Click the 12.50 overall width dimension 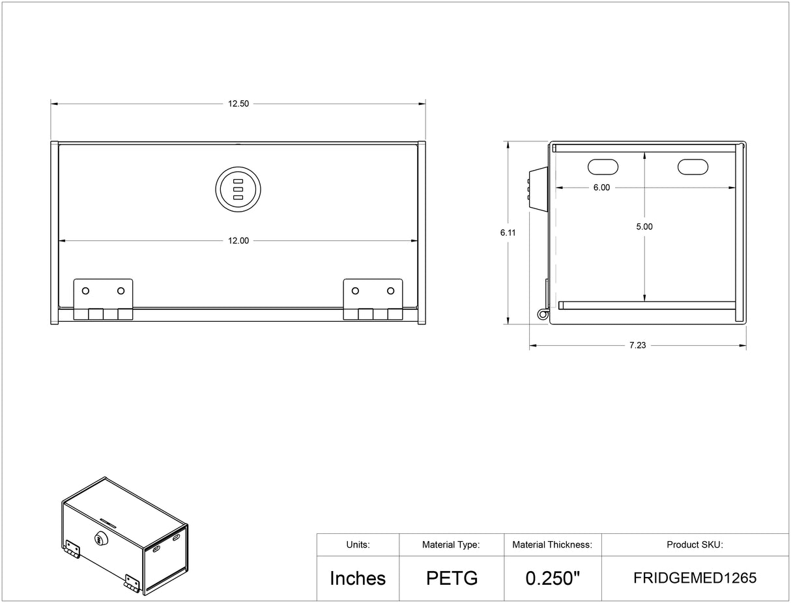coord(238,104)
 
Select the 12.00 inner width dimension coord(238,240)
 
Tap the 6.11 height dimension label coord(508,232)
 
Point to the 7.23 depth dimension coord(637,345)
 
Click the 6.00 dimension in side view coord(601,188)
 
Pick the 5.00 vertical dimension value coord(644,227)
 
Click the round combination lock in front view coord(238,189)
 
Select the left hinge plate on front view coord(103,299)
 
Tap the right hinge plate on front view coord(373,299)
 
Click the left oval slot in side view coord(603,167)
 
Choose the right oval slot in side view coord(693,167)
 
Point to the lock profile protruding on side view coord(538,188)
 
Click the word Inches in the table coord(358,578)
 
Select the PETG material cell coord(452,578)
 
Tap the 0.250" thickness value coord(553,578)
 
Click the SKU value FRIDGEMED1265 coord(695,578)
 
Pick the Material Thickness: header coord(553,544)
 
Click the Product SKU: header coord(695,544)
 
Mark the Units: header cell coord(358,544)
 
